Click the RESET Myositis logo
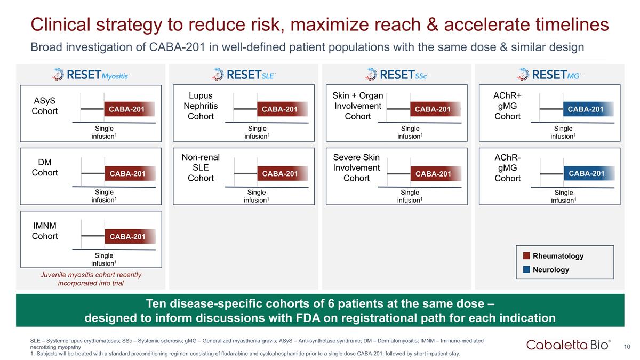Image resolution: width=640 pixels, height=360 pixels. [x=91, y=75]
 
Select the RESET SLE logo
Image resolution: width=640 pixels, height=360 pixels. [x=243, y=75]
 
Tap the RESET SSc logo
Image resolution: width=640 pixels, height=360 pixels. [x=396, y=75]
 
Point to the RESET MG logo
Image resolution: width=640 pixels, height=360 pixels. [x=549, y=75]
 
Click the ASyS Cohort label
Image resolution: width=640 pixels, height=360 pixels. [x=45, y=106]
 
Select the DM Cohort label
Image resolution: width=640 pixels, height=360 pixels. [x=45, y=167]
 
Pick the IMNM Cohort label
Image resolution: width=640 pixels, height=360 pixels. [x=45, y=231]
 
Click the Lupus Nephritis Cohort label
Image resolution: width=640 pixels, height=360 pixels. [x=201, y=106]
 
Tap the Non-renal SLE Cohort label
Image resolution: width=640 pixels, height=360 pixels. [x=201, y=167]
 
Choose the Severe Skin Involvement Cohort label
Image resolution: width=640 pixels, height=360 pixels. [x=356, y=167]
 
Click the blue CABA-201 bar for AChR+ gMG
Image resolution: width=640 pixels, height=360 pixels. [x=586, y=109]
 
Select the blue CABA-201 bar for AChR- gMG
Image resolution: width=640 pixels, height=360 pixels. [x=586, y=173]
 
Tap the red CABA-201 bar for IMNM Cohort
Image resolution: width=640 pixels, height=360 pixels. [x=127, y=236]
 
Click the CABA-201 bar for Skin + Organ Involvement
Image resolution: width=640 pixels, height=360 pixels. [x=433, y=109]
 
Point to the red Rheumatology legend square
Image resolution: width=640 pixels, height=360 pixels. [x=526, y=256]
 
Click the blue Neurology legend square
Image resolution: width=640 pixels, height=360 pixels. [x=526, y=270]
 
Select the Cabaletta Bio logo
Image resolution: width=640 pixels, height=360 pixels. [x=569, y=345]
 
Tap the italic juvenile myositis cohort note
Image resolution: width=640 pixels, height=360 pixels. [x=91, y=278]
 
